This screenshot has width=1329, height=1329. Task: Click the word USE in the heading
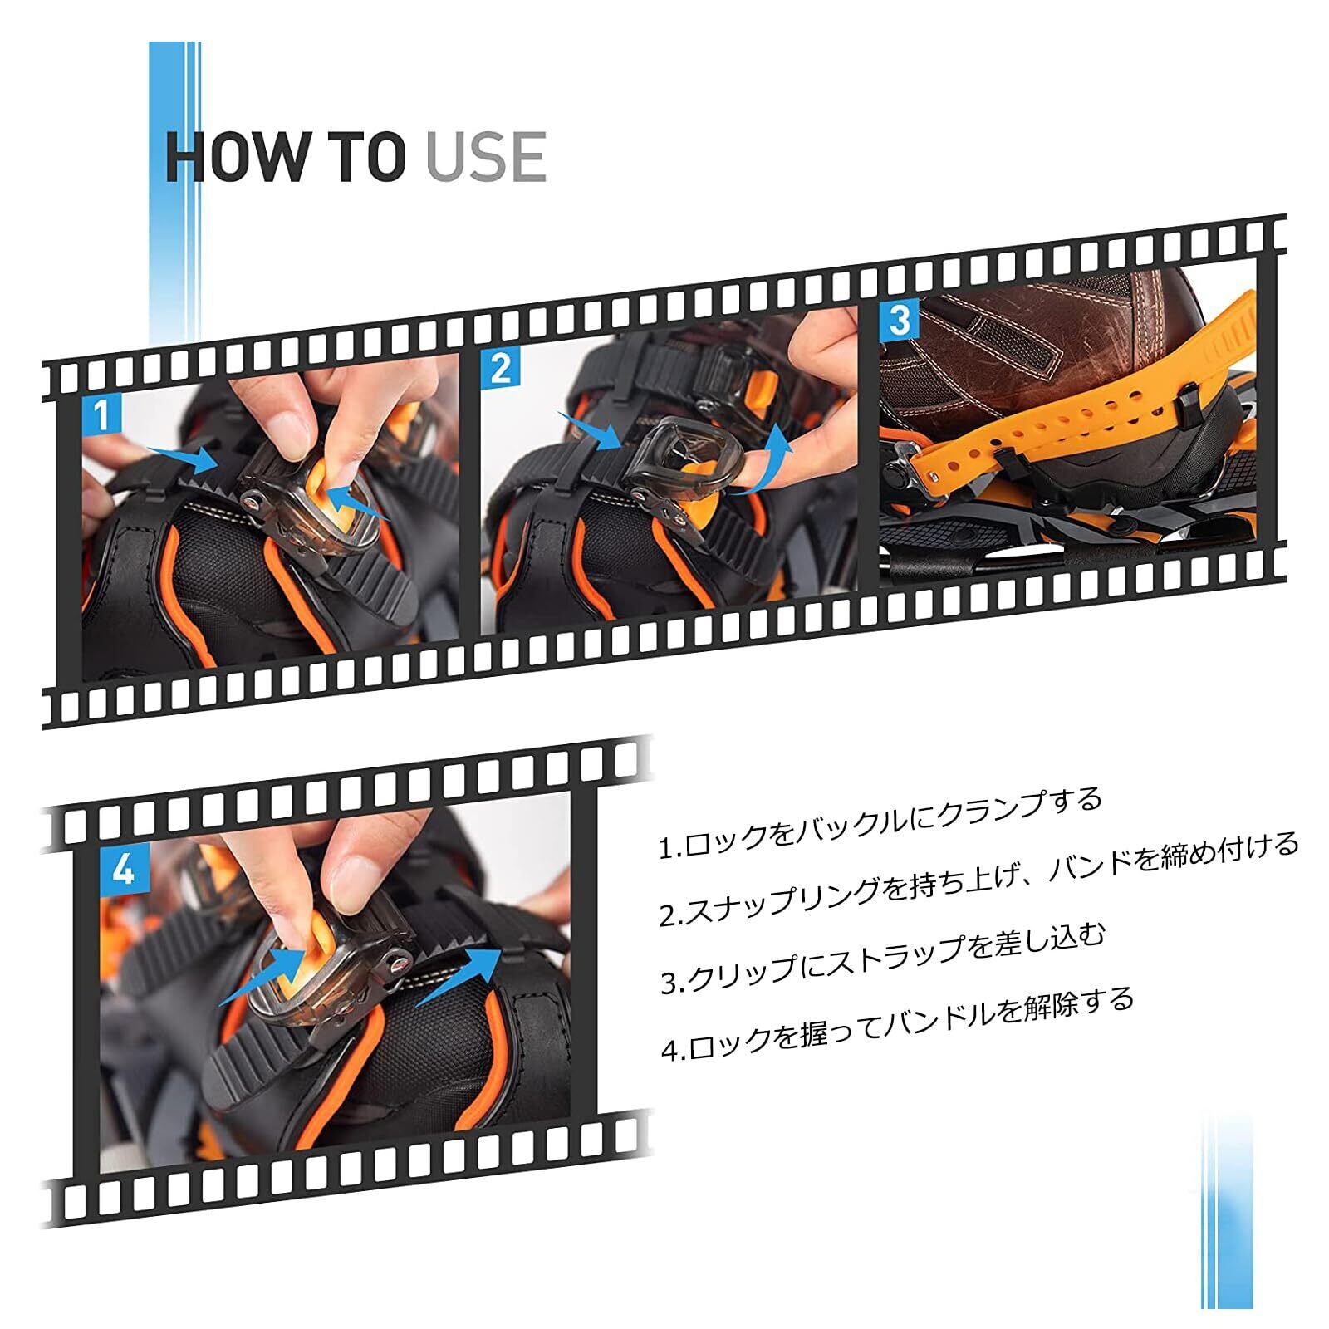coord(486,155)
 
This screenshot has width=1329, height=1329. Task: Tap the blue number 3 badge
coord(900,320)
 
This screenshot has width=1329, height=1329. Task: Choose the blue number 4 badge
coord(122,871)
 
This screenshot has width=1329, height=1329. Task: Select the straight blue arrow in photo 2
coord(589,432)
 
